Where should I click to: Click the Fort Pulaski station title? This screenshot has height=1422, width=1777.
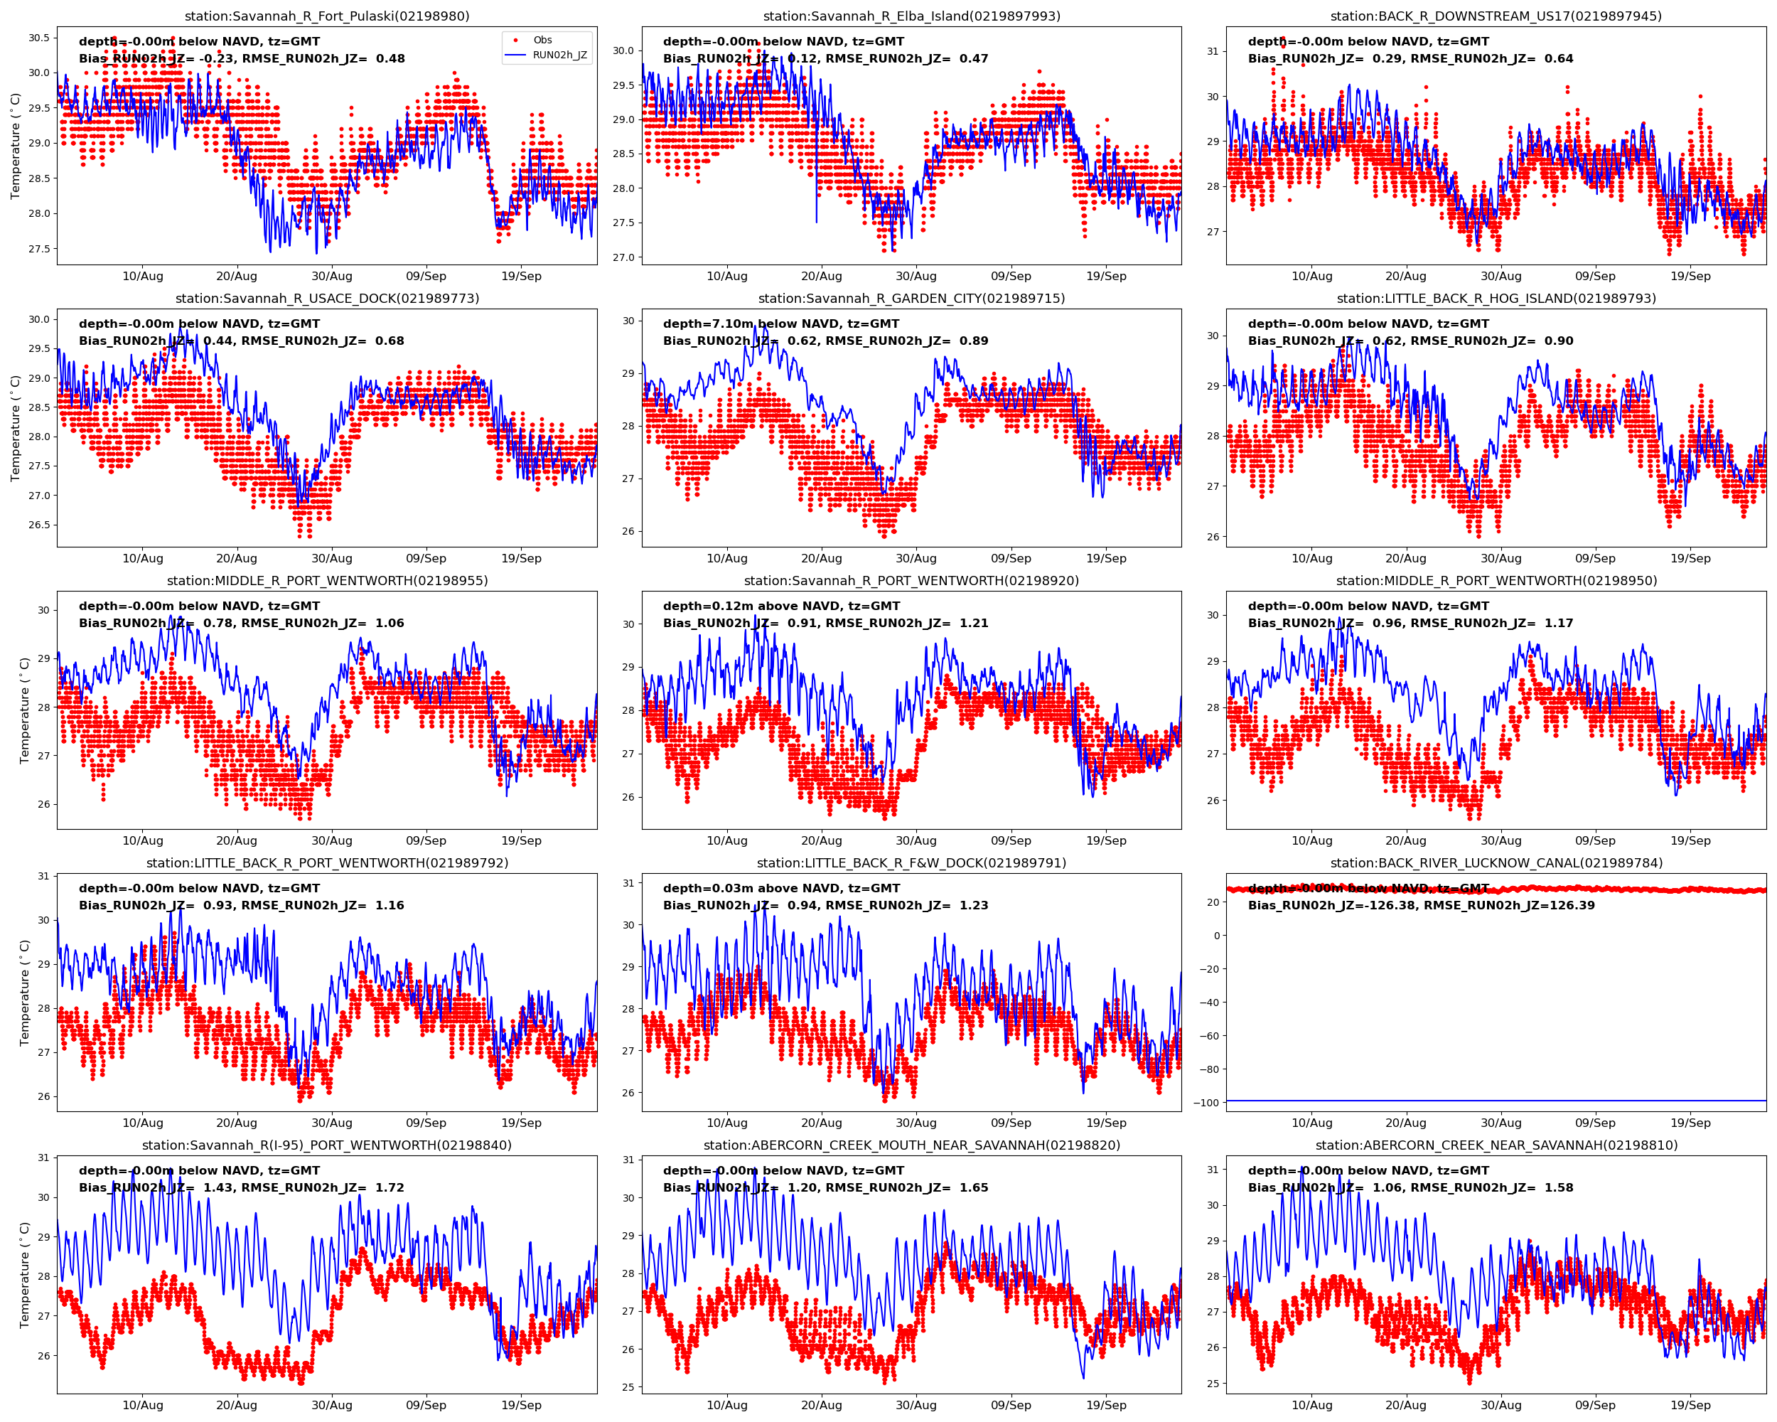pyautogui.click(x=327, y=16)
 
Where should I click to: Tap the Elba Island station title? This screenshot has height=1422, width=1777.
pyautogui.click(x=911, y=16)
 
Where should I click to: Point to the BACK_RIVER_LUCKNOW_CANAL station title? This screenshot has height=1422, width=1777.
pyautogui.click(x=1496, y=863)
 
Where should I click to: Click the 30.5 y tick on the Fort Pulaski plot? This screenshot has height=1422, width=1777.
pyautogui.click(x=38, y=38)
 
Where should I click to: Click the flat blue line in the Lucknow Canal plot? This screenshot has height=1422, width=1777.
pyautogui.click(x=1496, y=1101)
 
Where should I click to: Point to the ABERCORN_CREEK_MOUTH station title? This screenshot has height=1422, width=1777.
pyautogui.click(x=911, y=1145)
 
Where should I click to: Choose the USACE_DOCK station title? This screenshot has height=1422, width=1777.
pyautogui.click(x=327, y=299)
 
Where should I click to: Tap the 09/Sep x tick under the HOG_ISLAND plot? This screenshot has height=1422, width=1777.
pyautogui.click(x=1595, y=558)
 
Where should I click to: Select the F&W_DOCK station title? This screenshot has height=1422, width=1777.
pyautogui.click(x=911, y=863)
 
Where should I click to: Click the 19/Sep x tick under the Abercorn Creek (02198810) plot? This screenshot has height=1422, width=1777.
pyautogui.click(x=1690, y=1406)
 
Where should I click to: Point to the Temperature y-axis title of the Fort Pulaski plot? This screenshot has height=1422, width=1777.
pyautogui.click(x=15, y=146)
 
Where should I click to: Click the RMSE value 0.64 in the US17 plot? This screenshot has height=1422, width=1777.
pyautogui.click(x=1559, y=58)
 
